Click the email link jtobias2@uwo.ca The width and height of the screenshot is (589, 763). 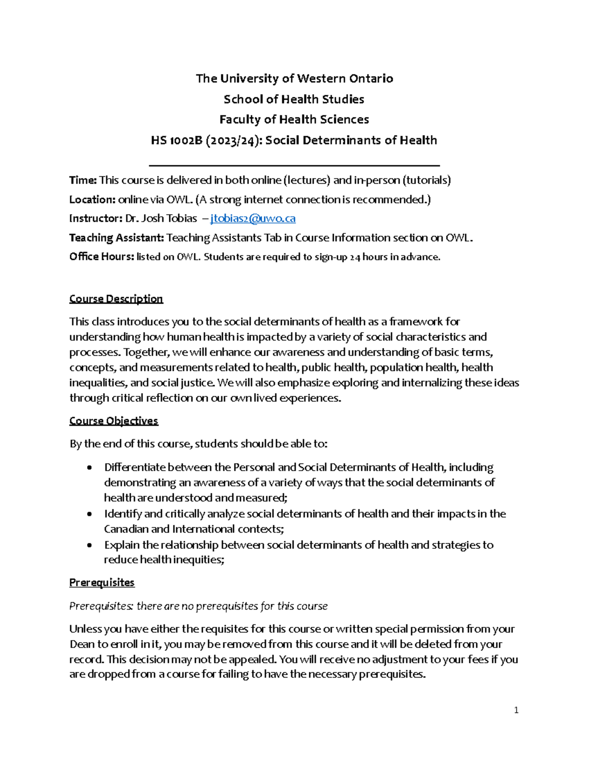pos(252,219)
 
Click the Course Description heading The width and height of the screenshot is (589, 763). pos(116,299)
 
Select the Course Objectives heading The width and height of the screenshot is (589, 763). pos(113,421)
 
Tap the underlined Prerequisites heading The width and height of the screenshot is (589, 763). pos(102,583)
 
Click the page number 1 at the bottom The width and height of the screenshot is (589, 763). pos(516,710)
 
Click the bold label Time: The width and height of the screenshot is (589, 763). pos(83,180)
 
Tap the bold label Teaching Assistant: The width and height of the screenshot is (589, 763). pos(116,238)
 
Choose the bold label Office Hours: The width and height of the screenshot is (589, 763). pos(101,257)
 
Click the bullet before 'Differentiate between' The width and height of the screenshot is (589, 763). pos(89,468)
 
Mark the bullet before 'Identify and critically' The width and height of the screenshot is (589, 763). pos(89,514)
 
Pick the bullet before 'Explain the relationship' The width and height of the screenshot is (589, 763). pos(89,545)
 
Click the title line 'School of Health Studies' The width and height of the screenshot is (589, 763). pos(294,99)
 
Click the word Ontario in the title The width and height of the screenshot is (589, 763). pos(371,79)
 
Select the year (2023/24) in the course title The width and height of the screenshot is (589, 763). pos(233,141)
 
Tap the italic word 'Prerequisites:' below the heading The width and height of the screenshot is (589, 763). pos(101,606)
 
